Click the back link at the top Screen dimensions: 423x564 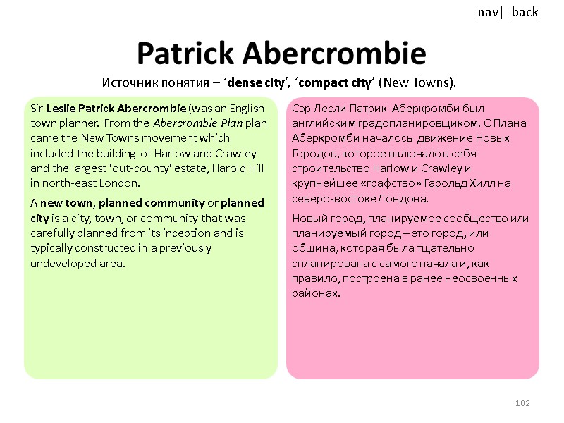[525, 12]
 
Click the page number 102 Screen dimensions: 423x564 [522, 403]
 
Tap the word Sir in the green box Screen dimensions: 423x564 [37, 109]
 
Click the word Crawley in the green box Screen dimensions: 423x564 [238, 153]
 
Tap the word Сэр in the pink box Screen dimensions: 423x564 [302, 109]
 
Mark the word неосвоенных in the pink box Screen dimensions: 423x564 [486, 278]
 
